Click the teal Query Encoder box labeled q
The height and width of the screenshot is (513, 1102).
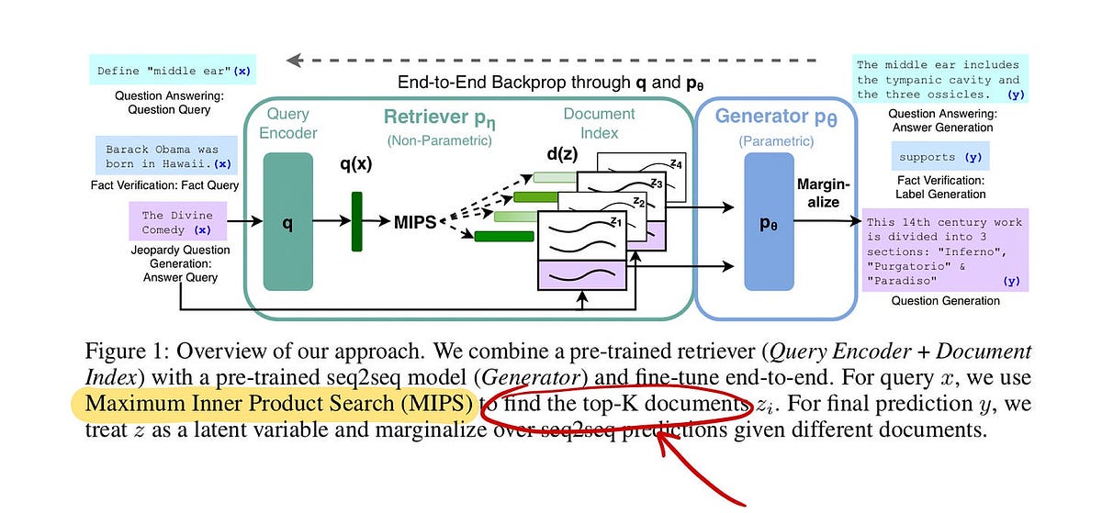click(287, 222)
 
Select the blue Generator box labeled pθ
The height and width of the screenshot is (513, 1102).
click(768, 223)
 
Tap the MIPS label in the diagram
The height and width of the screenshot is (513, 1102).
click(416, 222)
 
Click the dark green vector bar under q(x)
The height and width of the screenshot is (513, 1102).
click(356, 221)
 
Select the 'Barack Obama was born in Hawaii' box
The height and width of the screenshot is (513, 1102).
click(164, 157)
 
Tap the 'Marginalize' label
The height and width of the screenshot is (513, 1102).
click(824, 193)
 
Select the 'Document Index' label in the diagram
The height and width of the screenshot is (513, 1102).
click(599, 123)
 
